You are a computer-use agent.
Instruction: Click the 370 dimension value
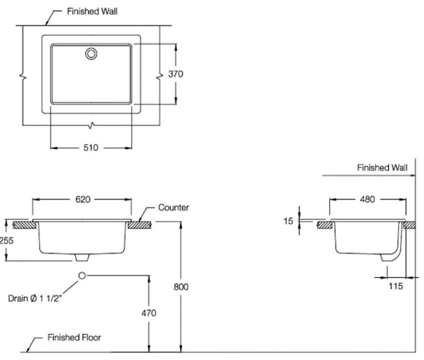(176, 74)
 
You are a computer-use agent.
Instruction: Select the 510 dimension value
(91, 148)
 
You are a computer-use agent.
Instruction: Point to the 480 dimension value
(367, 199)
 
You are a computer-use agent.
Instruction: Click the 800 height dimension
(181, 286)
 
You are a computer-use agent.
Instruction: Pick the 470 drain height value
(149, 313)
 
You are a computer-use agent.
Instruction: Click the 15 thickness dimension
(289, 221)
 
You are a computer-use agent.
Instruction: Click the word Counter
(173, 208)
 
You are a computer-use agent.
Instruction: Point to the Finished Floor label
(74, 338)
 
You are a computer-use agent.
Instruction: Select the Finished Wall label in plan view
(92, 11)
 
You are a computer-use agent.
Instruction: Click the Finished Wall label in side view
(382, 168)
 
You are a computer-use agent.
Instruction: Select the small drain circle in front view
(82, 275)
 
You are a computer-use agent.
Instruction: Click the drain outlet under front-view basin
(82, 258)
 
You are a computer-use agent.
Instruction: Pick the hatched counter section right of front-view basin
(140, 225)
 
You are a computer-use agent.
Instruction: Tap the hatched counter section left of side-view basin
(325, 225)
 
